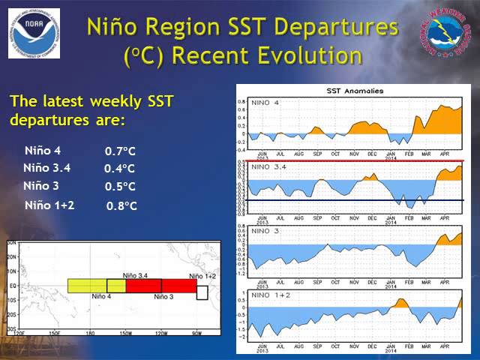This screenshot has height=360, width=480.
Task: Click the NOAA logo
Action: tap(34, 34)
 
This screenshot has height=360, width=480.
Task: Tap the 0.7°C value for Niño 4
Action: tap(120, 151)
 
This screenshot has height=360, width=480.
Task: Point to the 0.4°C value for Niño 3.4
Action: tap(120, 169)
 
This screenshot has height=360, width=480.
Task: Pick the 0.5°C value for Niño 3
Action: tap(120, 187)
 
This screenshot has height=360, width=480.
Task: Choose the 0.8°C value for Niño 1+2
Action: tap(121, 205)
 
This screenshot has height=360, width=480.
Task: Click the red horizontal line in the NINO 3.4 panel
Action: tap(356, 161)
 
